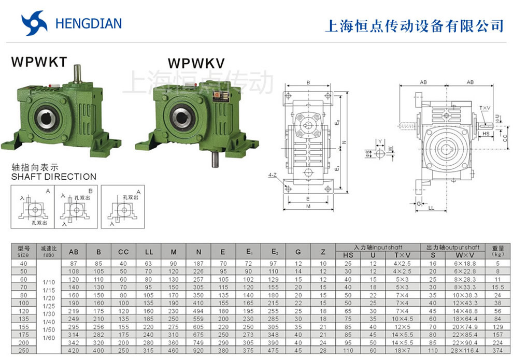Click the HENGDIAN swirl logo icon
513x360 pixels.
pyautogui.click(x=34, y=24)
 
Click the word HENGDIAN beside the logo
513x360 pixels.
pyautogui.click(x=88, y=24)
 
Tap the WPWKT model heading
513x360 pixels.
pyautogui.click(x=39, y=62)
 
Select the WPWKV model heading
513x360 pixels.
pyautogui.click(x=196, y=63)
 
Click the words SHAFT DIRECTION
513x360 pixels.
pyautogui.click(x=54, y=177)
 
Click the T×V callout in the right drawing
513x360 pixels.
pyautogui.click(x=484, y=108)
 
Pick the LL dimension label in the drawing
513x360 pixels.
pyautogui.click(x=431, y=208)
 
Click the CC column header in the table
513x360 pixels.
pyautogui.click(x=123, y=252)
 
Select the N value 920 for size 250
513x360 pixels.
pyautogui.click(x=198, y=350)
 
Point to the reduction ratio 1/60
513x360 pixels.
pyautogui.click(x=48, y=338)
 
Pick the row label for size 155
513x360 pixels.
pyautogui.click(x=23, y=327)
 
